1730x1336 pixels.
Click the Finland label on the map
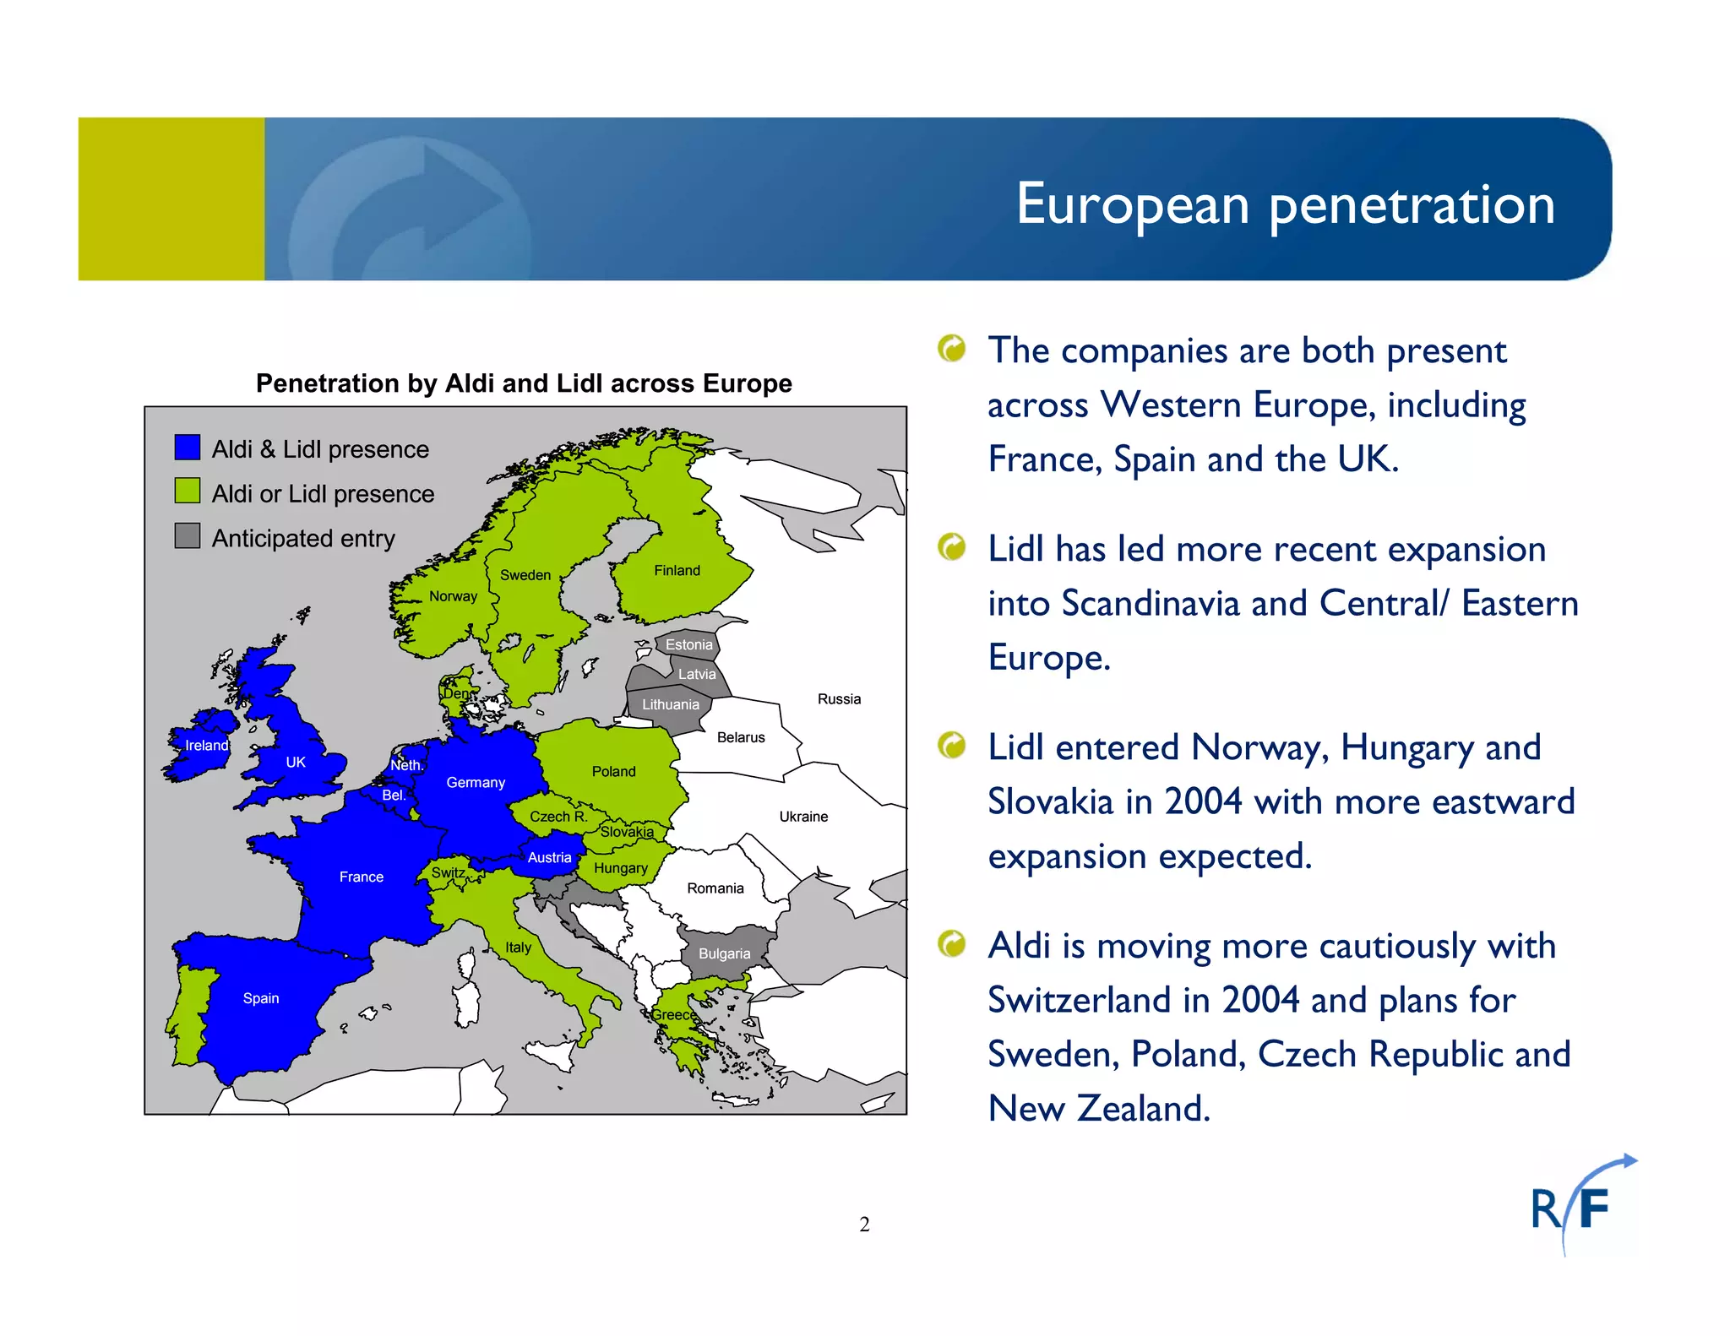pos(677,571)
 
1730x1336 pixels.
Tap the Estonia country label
pos(688,645)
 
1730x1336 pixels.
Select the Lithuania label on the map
pos(670,705)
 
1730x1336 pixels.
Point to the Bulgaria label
pos(724,954)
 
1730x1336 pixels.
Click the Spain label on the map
pos(260,998)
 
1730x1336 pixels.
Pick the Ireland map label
pos(206,746)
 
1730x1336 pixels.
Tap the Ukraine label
pos(803,817)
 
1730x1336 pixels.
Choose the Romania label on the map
pos(715,888)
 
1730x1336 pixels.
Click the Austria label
pos(549,858)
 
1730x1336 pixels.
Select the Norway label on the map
pos(453,596)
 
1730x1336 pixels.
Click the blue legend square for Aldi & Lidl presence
pos(188,448)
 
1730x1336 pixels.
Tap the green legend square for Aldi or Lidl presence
pos(188,491)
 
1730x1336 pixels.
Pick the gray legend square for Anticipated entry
pos(188,536)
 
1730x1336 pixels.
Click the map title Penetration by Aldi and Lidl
pos(524,383)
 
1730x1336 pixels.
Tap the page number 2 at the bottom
pos(864,1225)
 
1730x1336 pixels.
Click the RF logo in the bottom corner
pos(1578,1206)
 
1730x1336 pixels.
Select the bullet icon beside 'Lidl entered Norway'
pos(952,746)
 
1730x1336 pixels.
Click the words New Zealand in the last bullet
pos(1099,1109)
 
